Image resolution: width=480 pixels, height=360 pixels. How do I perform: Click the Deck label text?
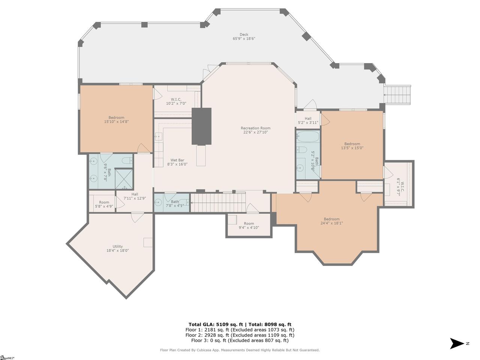(x=244, y=34)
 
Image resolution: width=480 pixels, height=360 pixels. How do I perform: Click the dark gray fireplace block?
(x=201, y=126)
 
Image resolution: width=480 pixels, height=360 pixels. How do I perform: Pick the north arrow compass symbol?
(x=457, y=343)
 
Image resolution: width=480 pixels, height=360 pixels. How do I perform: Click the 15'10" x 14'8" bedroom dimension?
(x=116, y=121)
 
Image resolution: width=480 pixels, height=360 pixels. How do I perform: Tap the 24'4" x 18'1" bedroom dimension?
(x=331, y=223)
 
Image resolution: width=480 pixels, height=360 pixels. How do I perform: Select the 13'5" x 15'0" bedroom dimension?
(x=352, y=148)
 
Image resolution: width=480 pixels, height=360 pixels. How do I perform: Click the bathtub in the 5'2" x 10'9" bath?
(x=307, y=136)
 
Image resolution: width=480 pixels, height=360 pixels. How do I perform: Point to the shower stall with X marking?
(x=124, y=179)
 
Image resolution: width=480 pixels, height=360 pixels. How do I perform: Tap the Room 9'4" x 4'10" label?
(x=249, y=225)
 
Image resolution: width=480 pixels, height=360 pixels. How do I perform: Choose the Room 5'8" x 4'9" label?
(x=104, y=204)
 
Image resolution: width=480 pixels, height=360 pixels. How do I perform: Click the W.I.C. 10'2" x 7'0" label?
(x=176, y=101)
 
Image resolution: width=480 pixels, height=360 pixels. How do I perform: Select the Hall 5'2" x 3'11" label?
(x=308, y=120)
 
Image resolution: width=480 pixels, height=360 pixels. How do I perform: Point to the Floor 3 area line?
(x=240, y=340)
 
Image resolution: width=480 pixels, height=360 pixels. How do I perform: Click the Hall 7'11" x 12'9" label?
(x=135, y=196)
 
